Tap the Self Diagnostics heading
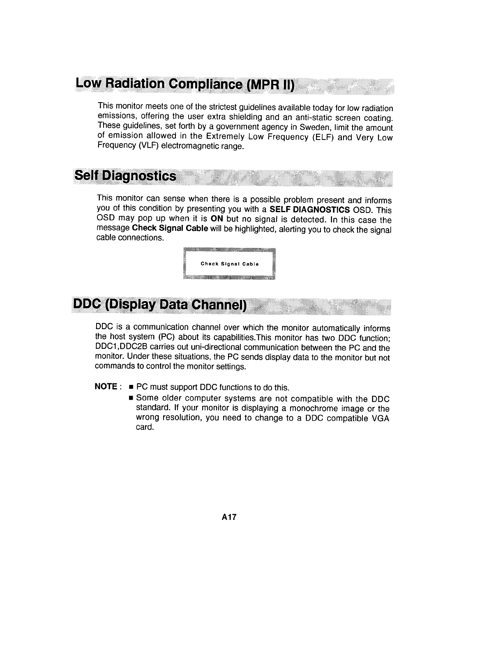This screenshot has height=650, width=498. (x=126, y=176)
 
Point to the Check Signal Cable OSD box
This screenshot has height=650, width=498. (x=229, y=264)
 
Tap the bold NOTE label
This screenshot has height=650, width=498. (x=106, y=387)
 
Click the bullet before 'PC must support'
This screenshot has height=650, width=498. (x=131, y=387)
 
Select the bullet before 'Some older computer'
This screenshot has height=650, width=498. (x=131, y=398)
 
